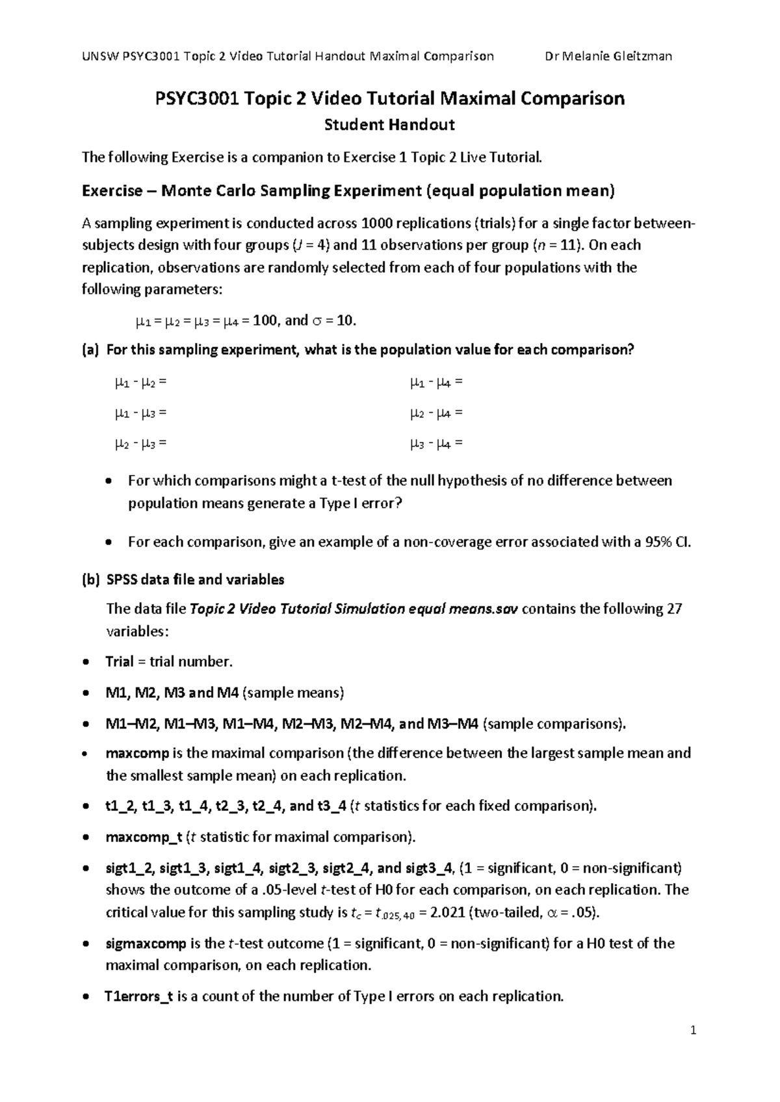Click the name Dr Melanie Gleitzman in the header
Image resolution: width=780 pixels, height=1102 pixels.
(x=608, y=56)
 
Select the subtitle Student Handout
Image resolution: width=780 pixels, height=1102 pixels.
(x=389, y=125)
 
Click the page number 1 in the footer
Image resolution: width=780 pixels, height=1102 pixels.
(x=694, y=1031)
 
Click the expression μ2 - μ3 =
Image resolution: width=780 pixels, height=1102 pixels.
(x=140, y=444)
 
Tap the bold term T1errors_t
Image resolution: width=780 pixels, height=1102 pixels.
(x=138, y=996)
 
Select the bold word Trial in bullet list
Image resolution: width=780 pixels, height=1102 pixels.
(x=120, y=662)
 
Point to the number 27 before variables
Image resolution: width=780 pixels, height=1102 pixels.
(x=674, y=609)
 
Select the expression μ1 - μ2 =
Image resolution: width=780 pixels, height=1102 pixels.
(x=140, y=383)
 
